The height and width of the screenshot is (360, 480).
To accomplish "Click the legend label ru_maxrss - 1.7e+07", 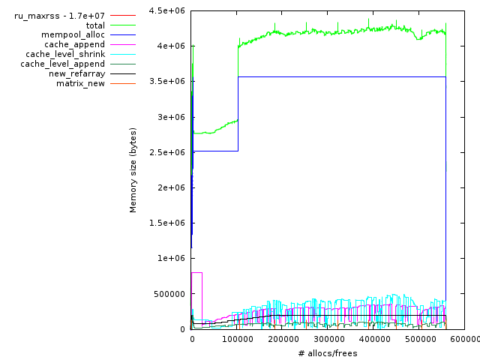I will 59,16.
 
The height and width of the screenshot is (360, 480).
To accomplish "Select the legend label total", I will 95,25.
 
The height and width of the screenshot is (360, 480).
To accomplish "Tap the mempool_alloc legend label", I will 73,35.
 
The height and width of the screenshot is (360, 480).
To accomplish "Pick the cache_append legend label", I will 74,45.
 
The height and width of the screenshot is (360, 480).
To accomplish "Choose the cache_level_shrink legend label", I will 65,55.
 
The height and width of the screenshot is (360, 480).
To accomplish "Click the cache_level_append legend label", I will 62,64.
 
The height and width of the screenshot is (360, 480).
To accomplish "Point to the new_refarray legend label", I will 76,73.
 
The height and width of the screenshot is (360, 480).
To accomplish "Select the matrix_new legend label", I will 80,83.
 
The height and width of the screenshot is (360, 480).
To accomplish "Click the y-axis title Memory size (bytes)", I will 133,169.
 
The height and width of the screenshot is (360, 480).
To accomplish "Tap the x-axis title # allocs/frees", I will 327,353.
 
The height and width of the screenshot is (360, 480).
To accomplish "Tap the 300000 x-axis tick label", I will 328,339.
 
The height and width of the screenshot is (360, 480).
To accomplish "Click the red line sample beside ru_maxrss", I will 122,16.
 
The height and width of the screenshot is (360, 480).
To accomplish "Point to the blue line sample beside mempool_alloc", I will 122,35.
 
